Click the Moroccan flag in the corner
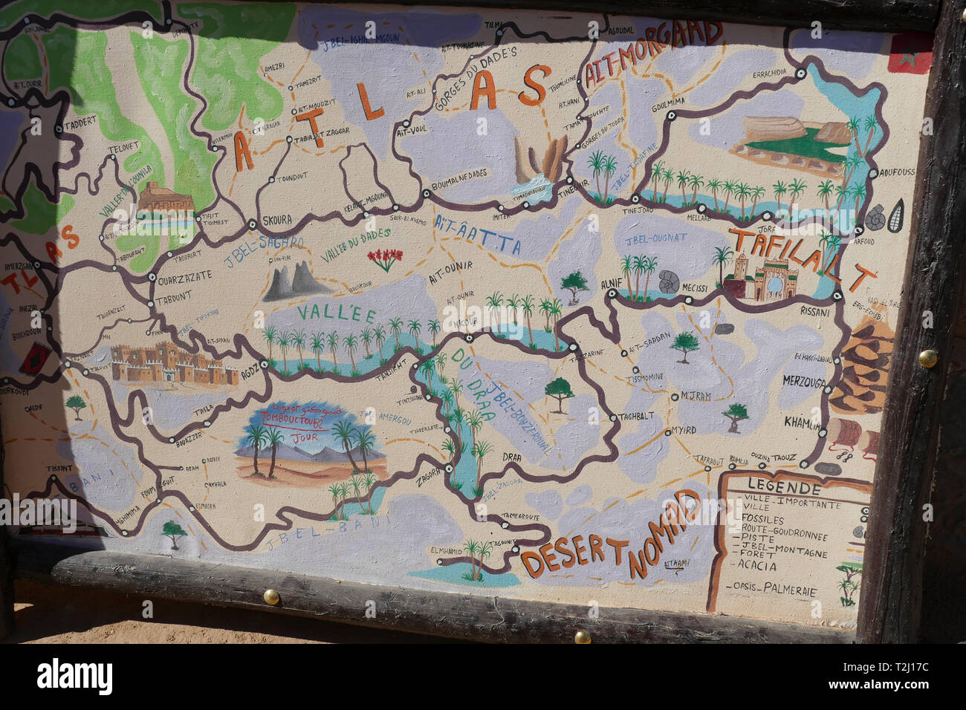tap(910, 53)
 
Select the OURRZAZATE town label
tap(185, 274)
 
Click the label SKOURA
tap(276, 221)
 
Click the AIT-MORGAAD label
tap(653, 51)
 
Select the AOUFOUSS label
tap(896, 172)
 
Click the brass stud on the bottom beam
tap(271, 596)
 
